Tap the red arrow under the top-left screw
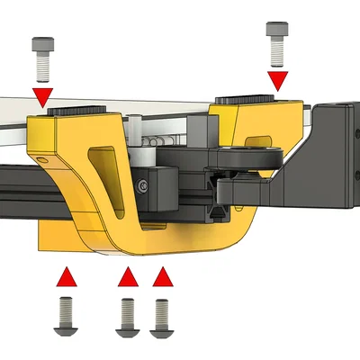click(42, 95)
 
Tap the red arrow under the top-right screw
click(278, 81)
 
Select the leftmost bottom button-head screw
click(66, 316)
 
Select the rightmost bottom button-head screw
click(162, 317)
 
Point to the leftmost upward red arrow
click(66, 277)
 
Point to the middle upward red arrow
click(128, 279)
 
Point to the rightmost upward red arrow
click(162, 278)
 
